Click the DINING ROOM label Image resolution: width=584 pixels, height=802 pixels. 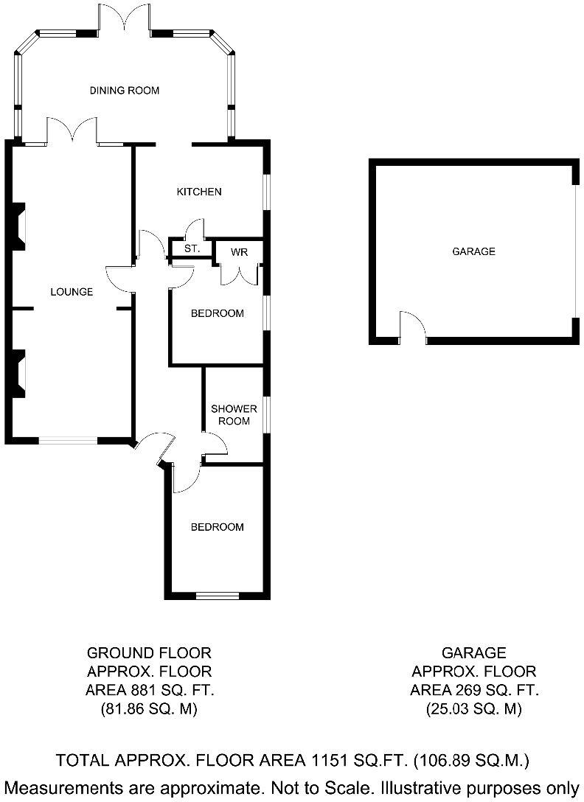coord(125,91)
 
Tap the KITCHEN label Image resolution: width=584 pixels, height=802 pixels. coord(198,192)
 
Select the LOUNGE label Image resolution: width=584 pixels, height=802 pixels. coord(72,292)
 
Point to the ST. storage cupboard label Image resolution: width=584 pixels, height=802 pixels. coord(192,249)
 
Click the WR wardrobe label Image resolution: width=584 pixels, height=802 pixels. coord(239,252)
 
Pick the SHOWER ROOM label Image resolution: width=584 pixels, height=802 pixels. coord(234,415)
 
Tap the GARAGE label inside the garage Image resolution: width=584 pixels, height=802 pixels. coord(473,251)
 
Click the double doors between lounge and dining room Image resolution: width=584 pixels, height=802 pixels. coord(73,130)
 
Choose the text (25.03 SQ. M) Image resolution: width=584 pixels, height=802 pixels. coord(473,710)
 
